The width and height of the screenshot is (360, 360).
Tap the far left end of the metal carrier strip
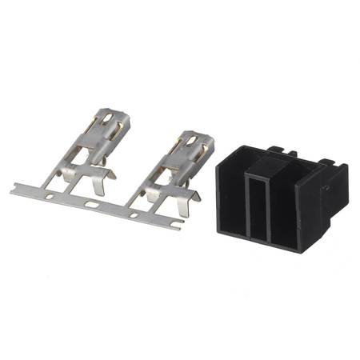(14, 190)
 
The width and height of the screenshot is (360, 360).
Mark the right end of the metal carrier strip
(178, 226)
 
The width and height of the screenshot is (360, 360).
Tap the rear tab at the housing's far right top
(328, 162)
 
